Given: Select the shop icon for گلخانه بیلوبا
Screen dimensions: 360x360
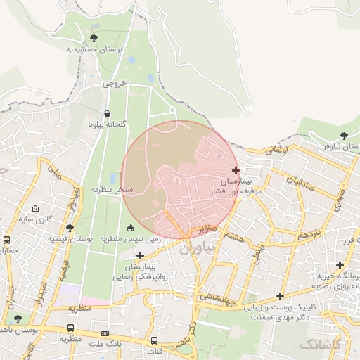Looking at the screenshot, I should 107,113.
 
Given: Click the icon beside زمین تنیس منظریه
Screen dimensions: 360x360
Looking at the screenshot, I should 131,227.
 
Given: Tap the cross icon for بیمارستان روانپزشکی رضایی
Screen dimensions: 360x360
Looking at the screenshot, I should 141,255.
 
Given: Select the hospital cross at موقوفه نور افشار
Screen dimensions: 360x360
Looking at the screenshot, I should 236,170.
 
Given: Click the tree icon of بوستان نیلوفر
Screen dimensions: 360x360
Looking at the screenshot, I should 343,135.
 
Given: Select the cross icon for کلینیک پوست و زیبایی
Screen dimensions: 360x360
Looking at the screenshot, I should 281,296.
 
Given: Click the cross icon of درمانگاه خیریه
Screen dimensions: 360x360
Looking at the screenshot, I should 340,265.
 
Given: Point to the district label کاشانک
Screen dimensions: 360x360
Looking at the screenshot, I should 320,344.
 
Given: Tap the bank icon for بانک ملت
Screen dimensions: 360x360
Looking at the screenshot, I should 105,333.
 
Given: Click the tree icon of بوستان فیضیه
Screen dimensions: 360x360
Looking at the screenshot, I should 70,228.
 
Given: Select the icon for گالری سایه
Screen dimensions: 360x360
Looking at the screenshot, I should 35,209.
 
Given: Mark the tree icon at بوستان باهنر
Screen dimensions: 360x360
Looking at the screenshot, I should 18,319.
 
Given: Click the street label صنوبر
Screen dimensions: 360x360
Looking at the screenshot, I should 207,229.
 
